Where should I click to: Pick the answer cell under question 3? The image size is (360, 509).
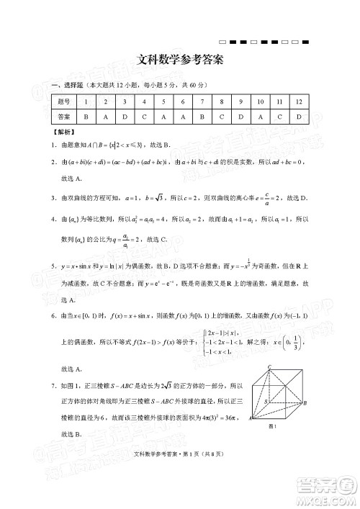coord(125,116)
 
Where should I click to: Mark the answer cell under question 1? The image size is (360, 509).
coord(86,116)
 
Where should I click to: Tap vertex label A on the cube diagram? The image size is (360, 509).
coord(251,418)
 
